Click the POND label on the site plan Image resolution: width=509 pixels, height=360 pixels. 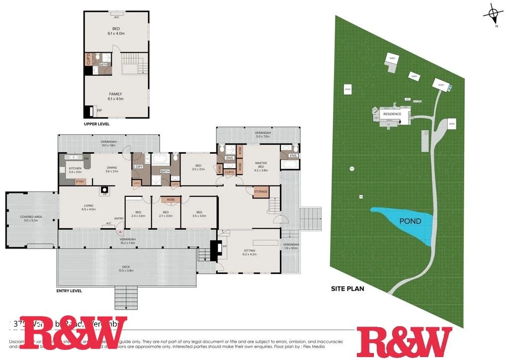click(x=411, y=221)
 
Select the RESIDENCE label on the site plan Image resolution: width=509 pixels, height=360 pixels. click(x=392, y=114)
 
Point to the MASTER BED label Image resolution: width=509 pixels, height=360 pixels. click(x=261, y=166)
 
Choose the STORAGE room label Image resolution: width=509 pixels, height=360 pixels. click(x=260, y=191)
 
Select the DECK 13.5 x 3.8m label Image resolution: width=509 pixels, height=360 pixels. click(x=126, y=269)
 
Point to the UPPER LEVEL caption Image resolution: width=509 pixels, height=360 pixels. click(x=97, y=124)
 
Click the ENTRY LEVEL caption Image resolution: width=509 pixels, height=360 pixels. click(x=70, y=291)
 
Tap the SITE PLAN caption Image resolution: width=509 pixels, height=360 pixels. click(x=348, y=288)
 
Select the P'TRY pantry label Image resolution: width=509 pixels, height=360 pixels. click(x=80, y=181)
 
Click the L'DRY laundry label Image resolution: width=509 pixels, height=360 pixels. click(x=139, y=167)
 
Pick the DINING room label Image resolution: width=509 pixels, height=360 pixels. click(x=112, y=170)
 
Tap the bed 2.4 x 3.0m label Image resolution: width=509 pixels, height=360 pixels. click(x=138, y=214)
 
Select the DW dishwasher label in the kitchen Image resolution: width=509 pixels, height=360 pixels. click(x=86, y=159)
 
